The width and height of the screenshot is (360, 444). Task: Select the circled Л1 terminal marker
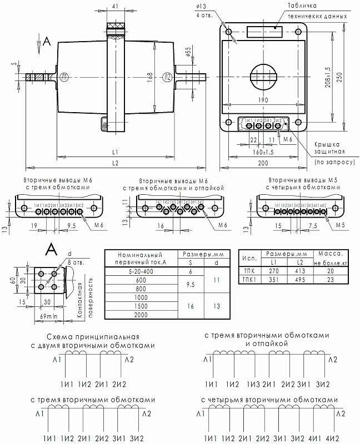click(65, 77)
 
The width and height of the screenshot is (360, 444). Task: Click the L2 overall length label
click(115, 163)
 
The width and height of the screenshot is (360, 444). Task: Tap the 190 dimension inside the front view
click(263, 100)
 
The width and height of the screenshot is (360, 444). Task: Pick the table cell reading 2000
click(140, 315)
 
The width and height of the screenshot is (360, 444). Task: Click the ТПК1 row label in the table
click(249, 280)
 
